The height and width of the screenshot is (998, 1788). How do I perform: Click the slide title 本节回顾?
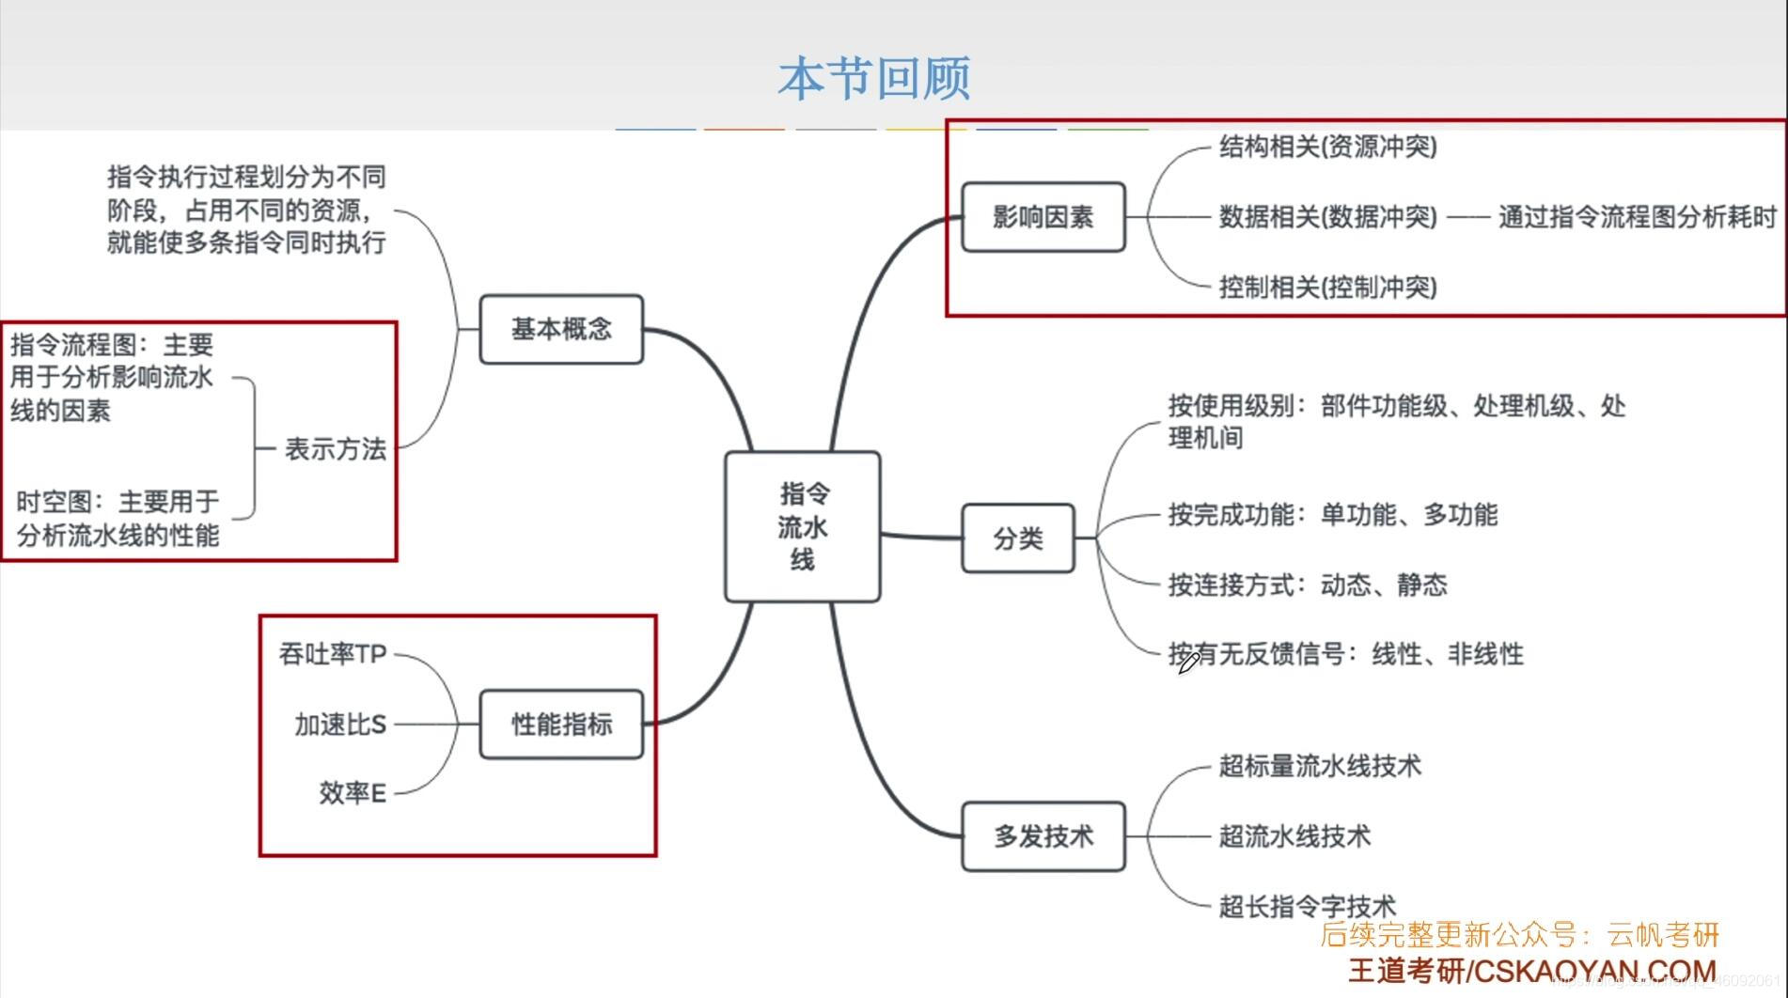873,78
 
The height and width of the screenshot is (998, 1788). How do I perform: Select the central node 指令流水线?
802,526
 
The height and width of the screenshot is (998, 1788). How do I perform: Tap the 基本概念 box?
561,329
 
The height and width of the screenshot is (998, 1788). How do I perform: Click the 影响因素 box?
1043,217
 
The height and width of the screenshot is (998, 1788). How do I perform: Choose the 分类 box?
1017,538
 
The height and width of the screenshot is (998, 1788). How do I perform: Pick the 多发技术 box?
1043,835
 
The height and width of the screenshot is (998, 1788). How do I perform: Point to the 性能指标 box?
561,724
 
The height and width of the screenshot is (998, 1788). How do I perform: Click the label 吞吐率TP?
333,654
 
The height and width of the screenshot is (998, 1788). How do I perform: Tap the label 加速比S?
340,725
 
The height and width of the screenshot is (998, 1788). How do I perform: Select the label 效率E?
353,793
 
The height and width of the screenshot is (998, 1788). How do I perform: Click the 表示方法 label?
335,449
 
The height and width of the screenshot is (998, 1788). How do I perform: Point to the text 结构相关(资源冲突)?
1327,147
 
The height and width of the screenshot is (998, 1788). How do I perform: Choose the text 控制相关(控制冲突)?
1327,287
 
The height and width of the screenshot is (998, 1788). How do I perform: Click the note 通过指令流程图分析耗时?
1637,217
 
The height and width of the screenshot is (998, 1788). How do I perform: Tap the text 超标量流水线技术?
1319,766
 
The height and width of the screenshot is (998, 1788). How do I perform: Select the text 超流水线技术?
1294,835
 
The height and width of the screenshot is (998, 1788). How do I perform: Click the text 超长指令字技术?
1307,907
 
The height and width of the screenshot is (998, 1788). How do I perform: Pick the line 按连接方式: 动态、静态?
1307,585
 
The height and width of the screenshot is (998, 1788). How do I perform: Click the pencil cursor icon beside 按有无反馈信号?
1187,663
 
